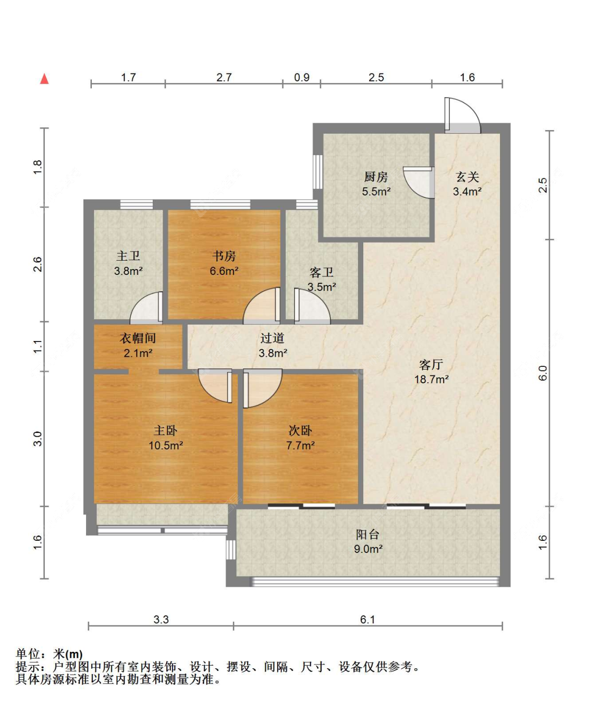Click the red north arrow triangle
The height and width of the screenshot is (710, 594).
[44, 79]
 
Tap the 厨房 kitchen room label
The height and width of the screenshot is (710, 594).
[376, 177]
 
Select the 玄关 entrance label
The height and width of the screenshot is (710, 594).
[467, 177]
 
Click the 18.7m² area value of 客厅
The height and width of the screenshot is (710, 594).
[431, 379]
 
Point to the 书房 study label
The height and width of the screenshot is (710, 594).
[224, 256]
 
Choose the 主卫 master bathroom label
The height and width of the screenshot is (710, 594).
[128, 256]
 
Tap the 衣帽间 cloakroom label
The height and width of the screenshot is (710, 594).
[138, 338]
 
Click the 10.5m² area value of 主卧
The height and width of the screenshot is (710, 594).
[166, 445]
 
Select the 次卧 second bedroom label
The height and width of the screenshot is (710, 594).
[300, 430]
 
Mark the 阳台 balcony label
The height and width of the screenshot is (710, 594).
[368, 534]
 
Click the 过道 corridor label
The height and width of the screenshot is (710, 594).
[272, 338]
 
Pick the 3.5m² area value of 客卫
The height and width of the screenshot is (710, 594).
[322, 287]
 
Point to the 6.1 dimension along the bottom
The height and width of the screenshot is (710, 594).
[367, 620]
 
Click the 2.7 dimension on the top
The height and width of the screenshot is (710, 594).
[224, 78]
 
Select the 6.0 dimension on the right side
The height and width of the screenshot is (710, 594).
[543, 373]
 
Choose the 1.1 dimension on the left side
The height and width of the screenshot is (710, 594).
[37, 346]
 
